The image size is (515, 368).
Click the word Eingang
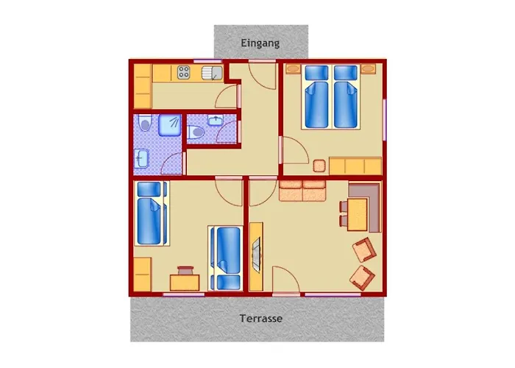pos(260,43)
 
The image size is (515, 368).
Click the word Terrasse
pos(260,319)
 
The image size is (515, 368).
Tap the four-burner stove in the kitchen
pos(184,73)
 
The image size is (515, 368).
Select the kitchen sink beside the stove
pos(212,73)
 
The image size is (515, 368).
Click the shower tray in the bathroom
pos(169,125)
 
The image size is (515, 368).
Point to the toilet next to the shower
pos(144,124)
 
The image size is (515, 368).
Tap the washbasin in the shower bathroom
pos(142,159)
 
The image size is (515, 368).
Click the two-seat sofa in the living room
pos(302,191)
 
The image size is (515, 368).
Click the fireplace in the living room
pos(256,257)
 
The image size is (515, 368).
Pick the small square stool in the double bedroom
pos(319,166)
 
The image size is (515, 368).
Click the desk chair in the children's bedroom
pos(185,270)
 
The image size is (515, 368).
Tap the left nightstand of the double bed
pos(293,69)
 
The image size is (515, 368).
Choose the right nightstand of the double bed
pos(368,69)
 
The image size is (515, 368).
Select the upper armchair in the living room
pos(364,250)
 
